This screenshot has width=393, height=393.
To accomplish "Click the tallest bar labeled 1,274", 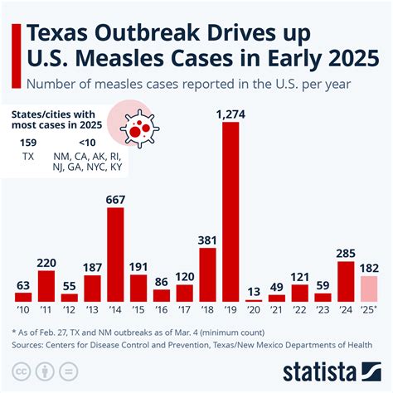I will point(231,211).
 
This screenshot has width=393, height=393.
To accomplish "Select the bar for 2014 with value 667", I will point(116,254).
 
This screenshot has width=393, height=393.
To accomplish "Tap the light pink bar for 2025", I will point(369,288).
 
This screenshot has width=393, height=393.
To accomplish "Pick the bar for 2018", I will point(208,274).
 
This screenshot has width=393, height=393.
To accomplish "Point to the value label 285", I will point(346,253).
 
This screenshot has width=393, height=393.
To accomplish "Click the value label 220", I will point(47,261).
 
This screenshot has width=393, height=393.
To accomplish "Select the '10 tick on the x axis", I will point(24,310).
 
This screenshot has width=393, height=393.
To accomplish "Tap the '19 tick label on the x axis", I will point(231,310).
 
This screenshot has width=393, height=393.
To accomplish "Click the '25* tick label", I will point(370,310).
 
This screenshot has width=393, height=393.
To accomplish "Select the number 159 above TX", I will point(29,143).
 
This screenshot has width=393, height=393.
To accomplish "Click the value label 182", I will point(369,267).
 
